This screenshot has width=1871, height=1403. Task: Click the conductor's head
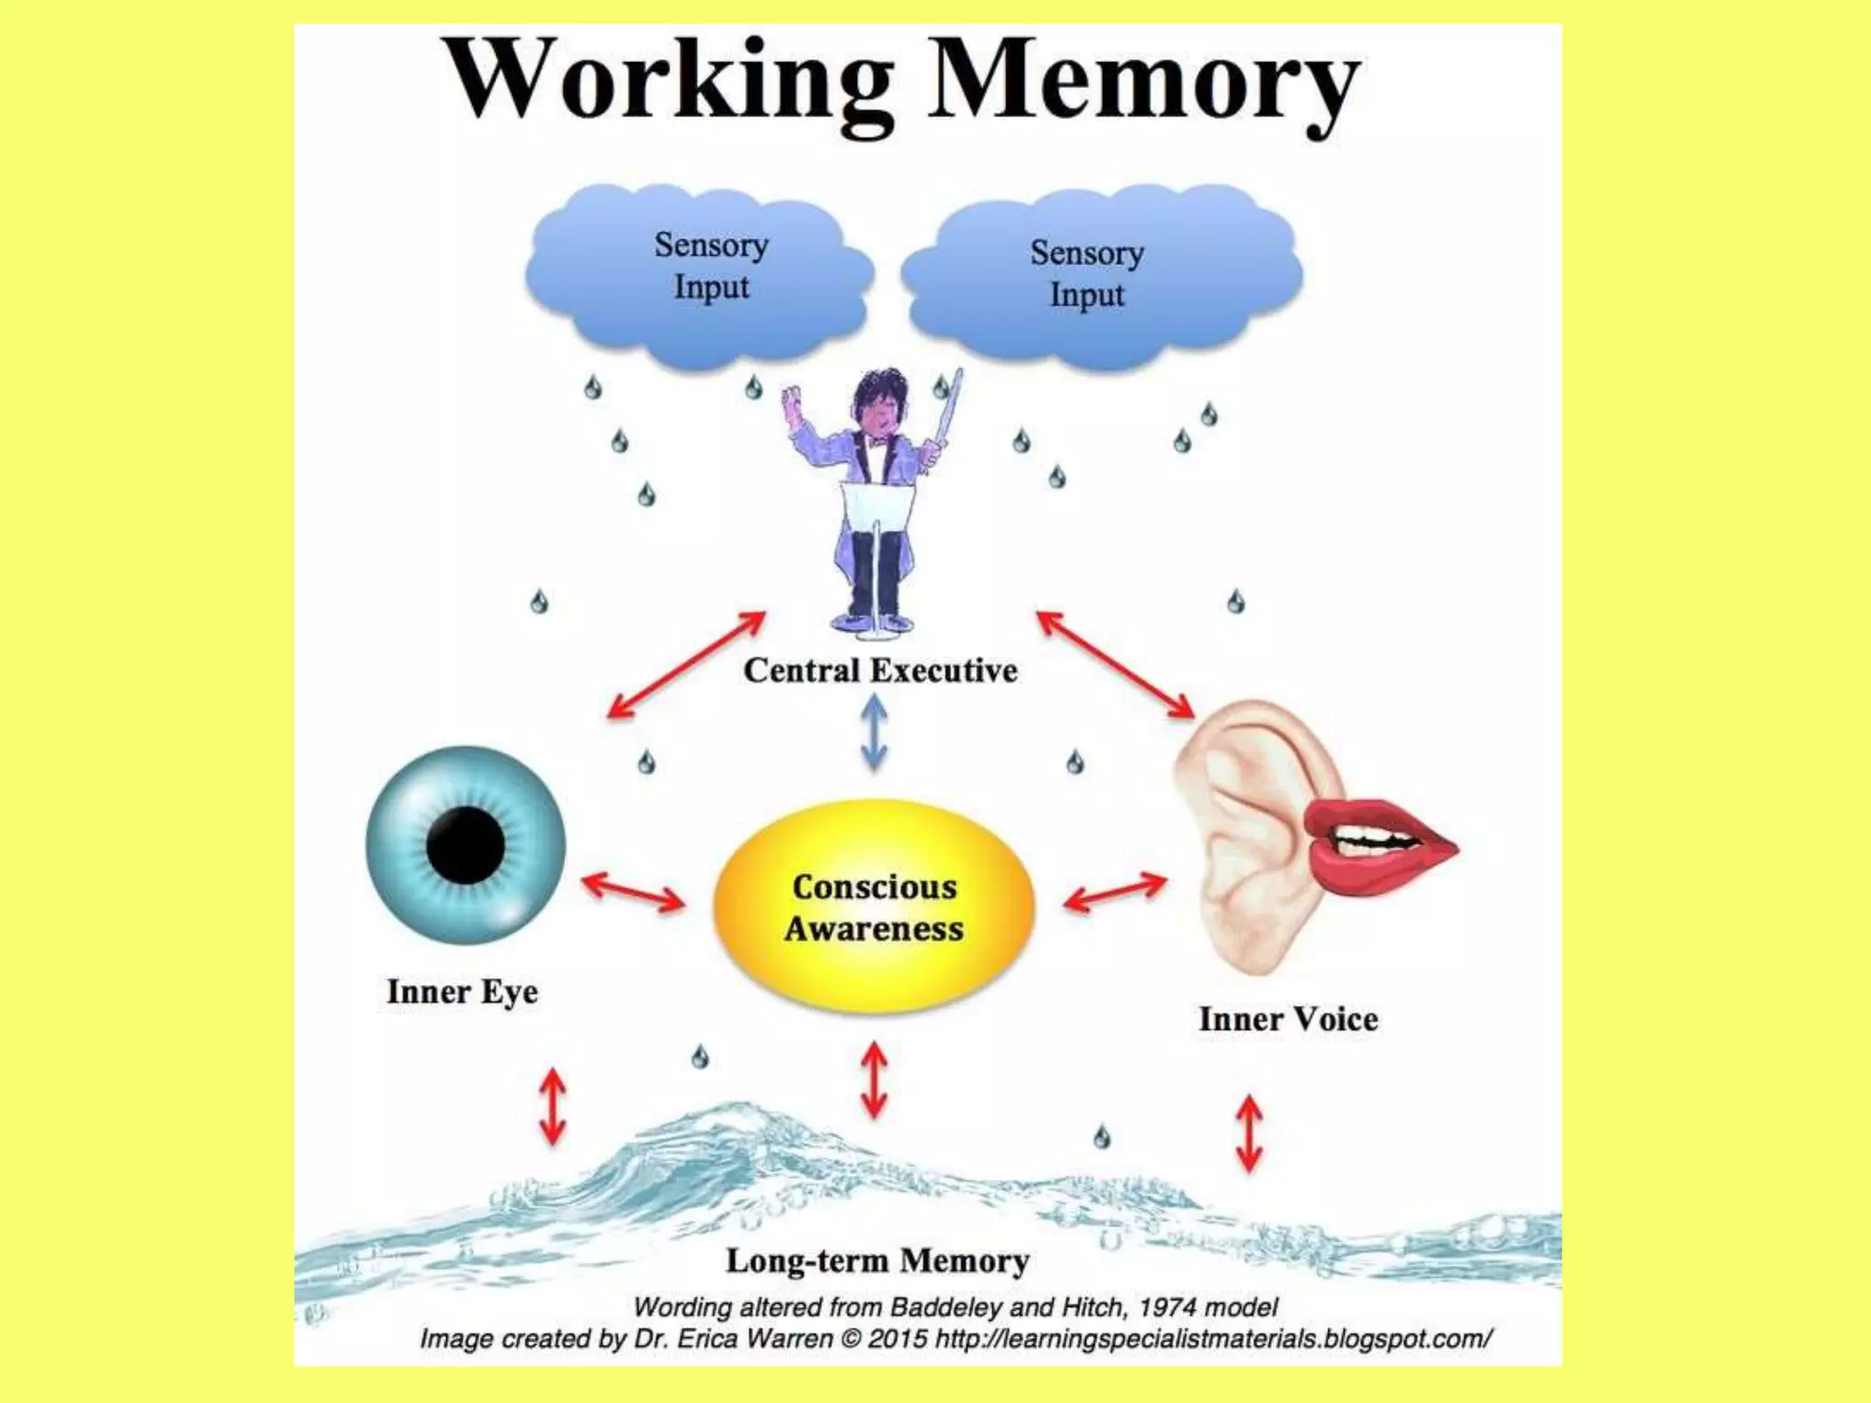879,402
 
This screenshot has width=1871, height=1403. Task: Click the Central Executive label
880,670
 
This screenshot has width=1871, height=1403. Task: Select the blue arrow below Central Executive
874,733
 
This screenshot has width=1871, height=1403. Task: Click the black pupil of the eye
466,844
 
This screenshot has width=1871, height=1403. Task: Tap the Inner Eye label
462,992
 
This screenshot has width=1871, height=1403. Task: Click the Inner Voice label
1288,1019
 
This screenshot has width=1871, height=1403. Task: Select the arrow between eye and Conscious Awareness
633,891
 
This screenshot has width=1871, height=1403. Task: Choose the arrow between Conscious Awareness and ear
1115,891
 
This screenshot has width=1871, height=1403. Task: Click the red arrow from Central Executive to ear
1115,664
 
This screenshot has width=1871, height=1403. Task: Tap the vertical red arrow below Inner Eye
553,1107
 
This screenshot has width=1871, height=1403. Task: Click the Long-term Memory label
877,1261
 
